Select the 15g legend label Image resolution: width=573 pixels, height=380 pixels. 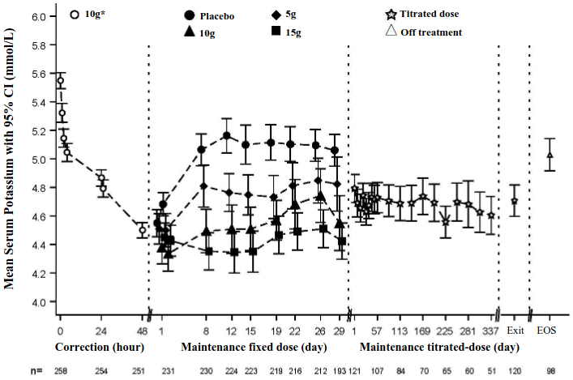pos(292,32)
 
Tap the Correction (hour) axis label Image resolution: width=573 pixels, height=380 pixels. pos(99,347)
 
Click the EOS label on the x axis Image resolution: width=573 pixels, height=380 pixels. pos(548,331)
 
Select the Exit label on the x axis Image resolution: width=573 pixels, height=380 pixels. pos(514,331)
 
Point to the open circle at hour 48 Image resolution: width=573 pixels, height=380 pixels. pos(142,230)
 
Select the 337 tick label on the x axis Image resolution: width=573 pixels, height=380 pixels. pos(490,331)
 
